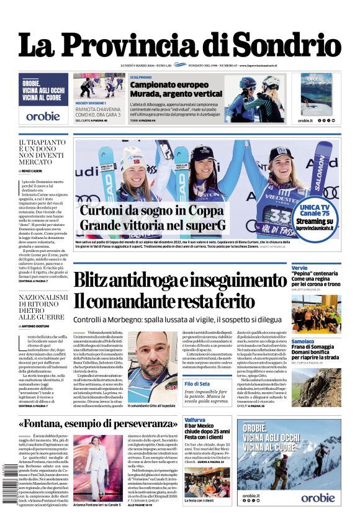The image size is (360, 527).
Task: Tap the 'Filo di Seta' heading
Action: click(x=199, y=384)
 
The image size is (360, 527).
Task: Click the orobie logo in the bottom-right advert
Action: click(x=317, y=497)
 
